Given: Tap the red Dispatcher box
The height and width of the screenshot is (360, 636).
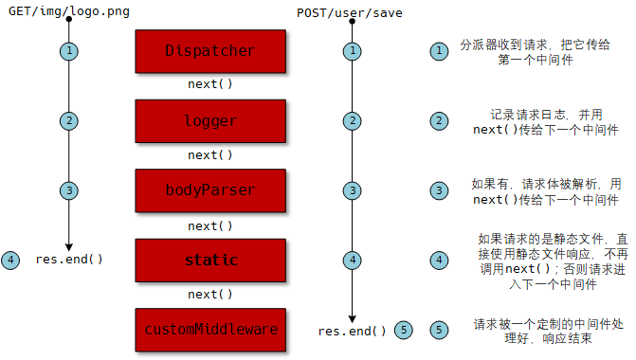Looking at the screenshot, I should [210, 51].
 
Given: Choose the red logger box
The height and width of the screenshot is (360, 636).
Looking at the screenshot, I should [210, 120].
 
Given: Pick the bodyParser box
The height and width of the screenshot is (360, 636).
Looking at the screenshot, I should [210, 189].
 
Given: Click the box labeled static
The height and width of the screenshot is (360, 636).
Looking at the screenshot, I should [210, 260].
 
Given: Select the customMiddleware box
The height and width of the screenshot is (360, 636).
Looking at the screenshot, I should [210, 330].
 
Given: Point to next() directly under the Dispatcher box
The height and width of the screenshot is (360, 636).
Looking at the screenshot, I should [210, 84].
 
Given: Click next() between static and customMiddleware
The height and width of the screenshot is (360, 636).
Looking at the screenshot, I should [210, 295].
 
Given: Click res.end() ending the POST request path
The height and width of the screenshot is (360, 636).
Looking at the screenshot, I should [353, 331].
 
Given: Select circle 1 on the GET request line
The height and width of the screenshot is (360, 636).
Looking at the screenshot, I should [69, 51].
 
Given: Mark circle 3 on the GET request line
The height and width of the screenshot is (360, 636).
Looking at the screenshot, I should [69, 189].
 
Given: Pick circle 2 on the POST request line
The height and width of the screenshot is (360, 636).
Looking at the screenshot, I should [353, 120].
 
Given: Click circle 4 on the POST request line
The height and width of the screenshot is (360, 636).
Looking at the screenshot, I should [353, 260].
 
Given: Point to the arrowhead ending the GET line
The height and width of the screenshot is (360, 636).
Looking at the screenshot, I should [69, 245].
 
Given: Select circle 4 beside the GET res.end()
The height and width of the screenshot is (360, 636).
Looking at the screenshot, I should [10, 260].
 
